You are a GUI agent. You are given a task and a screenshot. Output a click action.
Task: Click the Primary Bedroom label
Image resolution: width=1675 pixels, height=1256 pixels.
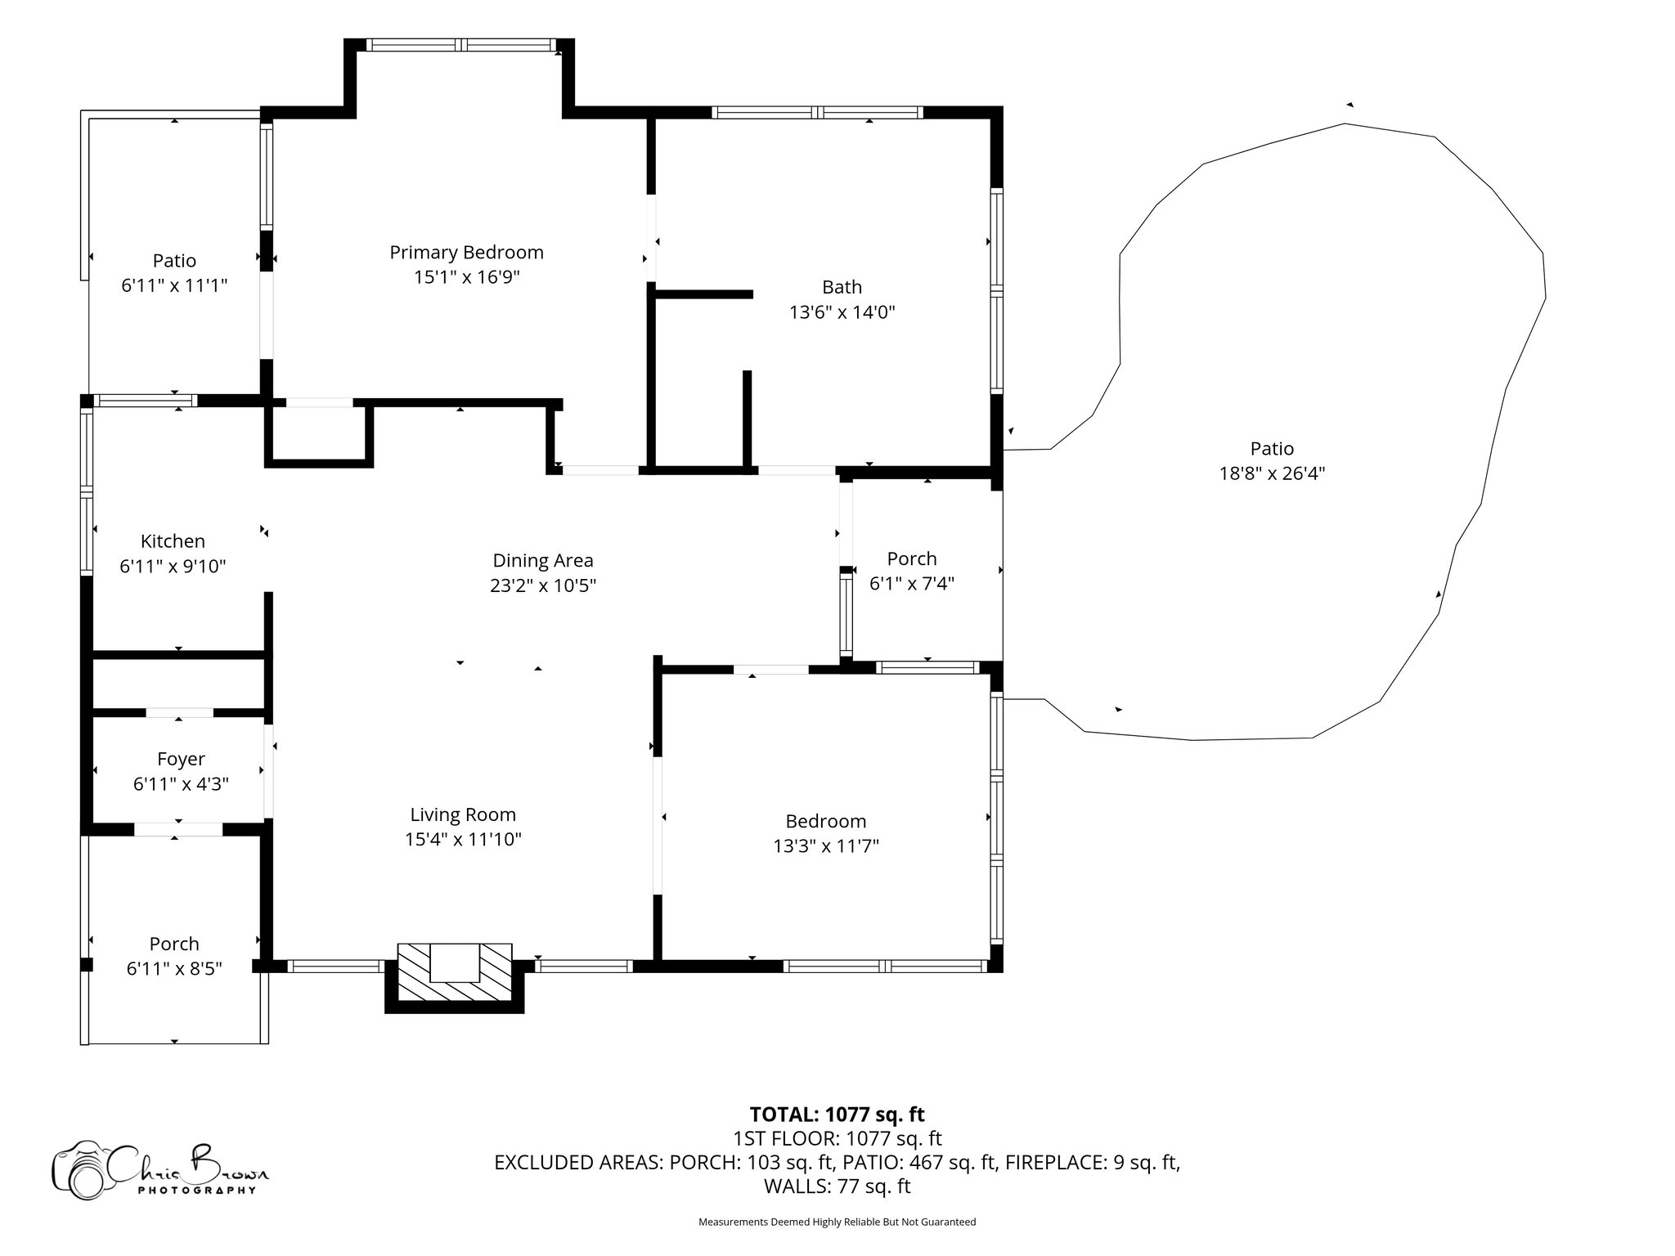tap(466, 253)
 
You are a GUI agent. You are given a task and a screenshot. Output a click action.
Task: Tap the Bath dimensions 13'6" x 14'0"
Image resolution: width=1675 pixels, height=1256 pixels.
tap(842, 312)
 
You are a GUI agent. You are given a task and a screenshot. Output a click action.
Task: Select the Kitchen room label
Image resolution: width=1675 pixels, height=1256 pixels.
tap(173, 541)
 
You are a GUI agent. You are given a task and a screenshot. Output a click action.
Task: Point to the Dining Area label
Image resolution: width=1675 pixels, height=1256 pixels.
tap(542, 561)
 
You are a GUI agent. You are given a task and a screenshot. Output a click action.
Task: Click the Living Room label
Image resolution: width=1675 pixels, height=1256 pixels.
tap(463, 814)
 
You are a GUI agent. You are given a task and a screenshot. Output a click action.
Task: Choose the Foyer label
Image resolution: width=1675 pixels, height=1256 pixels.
tap(181, 760)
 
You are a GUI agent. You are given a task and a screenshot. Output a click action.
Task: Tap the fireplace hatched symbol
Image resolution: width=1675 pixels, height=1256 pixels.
tap(455, 975)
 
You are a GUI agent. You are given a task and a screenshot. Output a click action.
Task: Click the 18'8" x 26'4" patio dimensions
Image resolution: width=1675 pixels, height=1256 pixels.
tap(1272, 473)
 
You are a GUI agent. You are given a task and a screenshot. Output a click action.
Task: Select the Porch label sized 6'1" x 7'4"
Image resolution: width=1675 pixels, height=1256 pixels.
tap(911, 559)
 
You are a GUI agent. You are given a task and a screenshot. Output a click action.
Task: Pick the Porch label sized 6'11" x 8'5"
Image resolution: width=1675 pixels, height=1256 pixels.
tap(174, 944)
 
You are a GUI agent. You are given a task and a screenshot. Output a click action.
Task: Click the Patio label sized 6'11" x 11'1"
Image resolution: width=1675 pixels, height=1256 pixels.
tap(174, 261)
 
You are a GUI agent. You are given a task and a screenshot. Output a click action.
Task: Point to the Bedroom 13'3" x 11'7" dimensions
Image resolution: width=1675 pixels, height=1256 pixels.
tap(826, 846)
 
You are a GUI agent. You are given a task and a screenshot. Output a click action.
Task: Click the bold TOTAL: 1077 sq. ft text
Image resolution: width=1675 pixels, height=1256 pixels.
tap(837, 1115)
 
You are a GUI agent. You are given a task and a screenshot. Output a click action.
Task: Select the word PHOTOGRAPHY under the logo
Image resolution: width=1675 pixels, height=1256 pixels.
tap(196, 1191)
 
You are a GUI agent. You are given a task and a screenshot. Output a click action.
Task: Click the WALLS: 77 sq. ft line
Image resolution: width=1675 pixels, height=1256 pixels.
tap(837, 1186)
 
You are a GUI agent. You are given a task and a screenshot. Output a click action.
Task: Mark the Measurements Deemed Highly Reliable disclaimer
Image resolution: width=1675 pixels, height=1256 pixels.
tap(837, 1222)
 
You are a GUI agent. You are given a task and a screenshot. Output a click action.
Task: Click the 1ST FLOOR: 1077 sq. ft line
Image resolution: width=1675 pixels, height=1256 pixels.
tap(837, 1138)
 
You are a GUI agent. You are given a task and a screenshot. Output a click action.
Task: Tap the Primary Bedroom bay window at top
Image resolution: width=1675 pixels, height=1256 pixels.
tap(460, 45)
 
